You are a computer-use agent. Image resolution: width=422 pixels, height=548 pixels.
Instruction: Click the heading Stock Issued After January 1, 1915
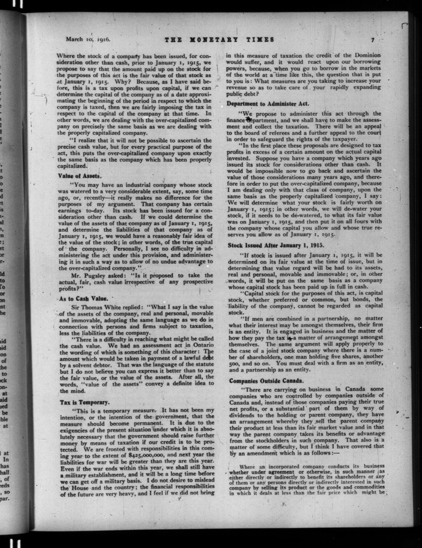pos(275,245)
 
